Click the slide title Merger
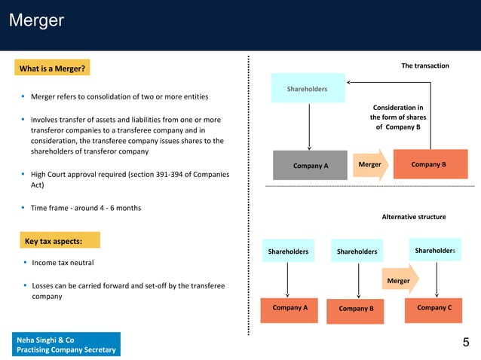pyautogui.click(x=36, y=21)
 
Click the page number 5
pyautogui.click(x=465, y=343)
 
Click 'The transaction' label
pyautogui.click(x=424, y=66)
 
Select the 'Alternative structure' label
pyautogui.click(x=414, y=217)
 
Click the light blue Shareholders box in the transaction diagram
pyautogui.click(x=308, y=89)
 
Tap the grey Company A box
pyautogui.click(x=311, y=165)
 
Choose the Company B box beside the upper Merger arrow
pyautogui.click(x=428, y=164)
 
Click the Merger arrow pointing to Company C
pyautogui.click(x=400, y=280)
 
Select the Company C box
pyautogui.click(x=434, y=308)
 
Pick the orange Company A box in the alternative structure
pyautogui.click(x=290, y=308)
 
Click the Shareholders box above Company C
pyautogui.click(x=435, y=250)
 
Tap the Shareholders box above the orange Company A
pyautogui.click(x=288, y=252)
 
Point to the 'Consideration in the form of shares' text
pyautogui.click(x=397, y=117)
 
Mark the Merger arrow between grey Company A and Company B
pyautogui.click(x=370, y=164)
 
